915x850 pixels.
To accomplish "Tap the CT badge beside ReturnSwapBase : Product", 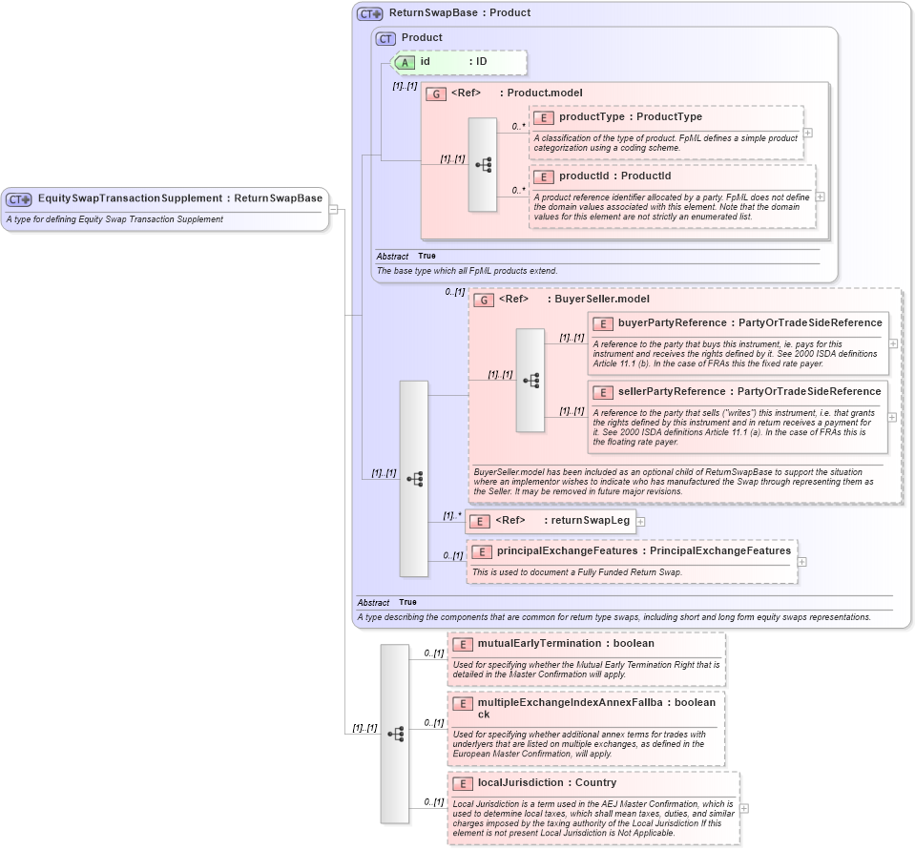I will tap(369, 14).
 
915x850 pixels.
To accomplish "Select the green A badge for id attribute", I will tap(405, 62).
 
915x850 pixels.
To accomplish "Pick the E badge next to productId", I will tap(543, 176).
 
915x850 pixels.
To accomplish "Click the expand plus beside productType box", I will tap(807, 133).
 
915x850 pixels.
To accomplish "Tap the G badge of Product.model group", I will tap(436, 93).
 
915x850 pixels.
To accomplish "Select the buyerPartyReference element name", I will tap(672, 323).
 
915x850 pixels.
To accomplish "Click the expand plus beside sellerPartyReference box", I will tap(892, 417).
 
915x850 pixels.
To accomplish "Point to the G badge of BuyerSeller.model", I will tap(484, 300).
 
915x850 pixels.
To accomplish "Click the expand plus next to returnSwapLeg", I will tap(641, 521).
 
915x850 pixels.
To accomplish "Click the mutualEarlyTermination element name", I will tap(539, 644).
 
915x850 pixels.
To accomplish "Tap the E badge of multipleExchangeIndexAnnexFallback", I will tap(462, 704).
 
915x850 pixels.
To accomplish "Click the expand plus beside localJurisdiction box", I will tap(743, 808).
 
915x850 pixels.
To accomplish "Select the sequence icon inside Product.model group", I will tap(483, 164).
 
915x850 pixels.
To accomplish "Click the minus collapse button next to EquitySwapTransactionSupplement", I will tap(333, 209).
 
